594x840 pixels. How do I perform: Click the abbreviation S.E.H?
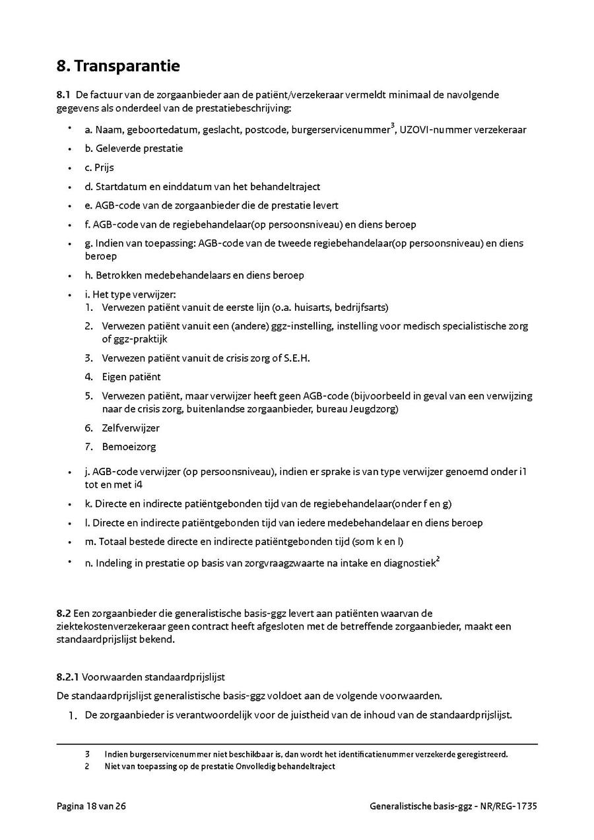pyautogui.click(x=296, y=358)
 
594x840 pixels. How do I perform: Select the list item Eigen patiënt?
pyautogui.click(x=131, y=377)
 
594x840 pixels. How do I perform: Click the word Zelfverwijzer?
pyautogui.click(x=131, y=428)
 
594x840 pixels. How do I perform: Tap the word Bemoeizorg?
pyautogui.click(x=129, y=447)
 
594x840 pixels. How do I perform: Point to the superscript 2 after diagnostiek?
pyautogui.click(x=438, y=560)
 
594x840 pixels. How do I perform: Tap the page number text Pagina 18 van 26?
pyautogui.click(x=91, y=806)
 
